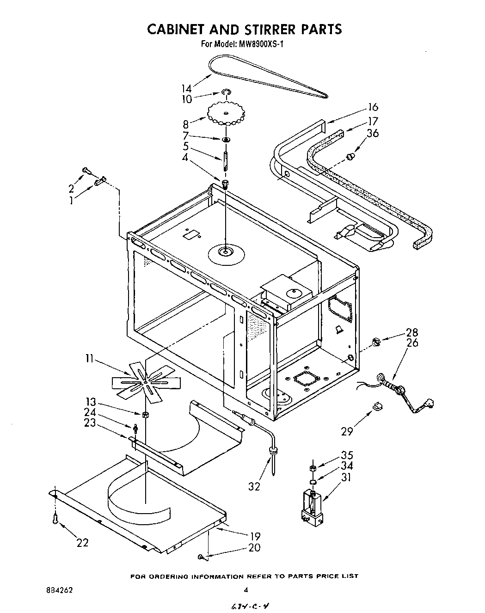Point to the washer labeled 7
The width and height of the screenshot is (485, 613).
tap(226, 139)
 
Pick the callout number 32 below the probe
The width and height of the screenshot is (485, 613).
tap(254, 486)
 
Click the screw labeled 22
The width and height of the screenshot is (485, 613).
tap(55, 520)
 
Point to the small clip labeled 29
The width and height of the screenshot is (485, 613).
tap(377, 406)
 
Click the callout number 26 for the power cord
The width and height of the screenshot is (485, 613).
tap(412, 343)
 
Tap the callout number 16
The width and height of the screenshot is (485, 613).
tap(372, 107)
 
